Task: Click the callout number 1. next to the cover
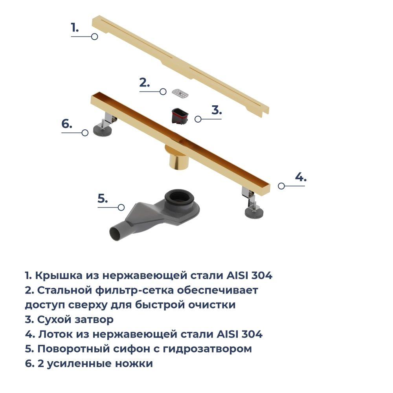point(75,28)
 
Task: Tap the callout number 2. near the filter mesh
point(145,83)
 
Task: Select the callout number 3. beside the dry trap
point(217,110)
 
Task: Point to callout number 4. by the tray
point(301,177)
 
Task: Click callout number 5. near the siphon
point(103,198)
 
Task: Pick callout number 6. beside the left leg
point(67,124)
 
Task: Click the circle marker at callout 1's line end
point(94,37)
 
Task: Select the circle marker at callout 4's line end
point(281,186)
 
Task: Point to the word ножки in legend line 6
point(134,364)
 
